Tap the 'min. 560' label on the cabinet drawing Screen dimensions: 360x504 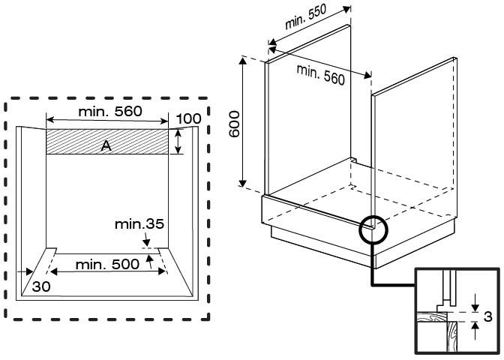[x=320, y=74]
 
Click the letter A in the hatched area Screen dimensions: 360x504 [x=106, y=146]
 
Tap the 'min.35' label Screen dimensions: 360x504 [x=139, y=223]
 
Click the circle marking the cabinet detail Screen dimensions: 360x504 [x=374, y=228]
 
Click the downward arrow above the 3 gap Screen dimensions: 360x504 [x=474, y=301]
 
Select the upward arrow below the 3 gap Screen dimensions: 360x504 [x=474, y=331]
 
